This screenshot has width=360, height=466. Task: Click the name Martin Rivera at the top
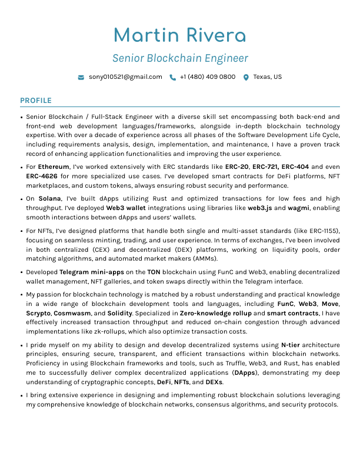[x=179, y=35]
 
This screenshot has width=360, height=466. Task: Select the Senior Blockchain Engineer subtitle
[x=180, y=58]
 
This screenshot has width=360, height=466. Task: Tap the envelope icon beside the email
[x=81, y=77]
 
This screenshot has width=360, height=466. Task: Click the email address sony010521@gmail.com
[x=125, y=77]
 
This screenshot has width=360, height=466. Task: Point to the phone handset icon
[x=172, y=77]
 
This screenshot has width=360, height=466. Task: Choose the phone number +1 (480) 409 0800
[x=208, y=77]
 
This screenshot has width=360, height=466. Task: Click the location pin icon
[x=246, y=77]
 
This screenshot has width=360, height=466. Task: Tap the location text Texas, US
[x=268, y=77]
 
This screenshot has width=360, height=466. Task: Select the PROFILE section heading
[x=36, y=101]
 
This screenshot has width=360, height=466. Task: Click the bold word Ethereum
[x=54, y=167]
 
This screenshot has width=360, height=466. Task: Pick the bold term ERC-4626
[x=41, y=176]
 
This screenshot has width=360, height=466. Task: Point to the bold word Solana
[x=49, y=199]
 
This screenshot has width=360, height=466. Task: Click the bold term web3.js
[x=259, y=208]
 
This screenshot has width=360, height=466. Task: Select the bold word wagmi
[x=299, y=208]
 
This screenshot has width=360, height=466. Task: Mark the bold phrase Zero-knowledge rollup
[x=215, y=313]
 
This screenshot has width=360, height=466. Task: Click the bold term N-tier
[x=292, y=345]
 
